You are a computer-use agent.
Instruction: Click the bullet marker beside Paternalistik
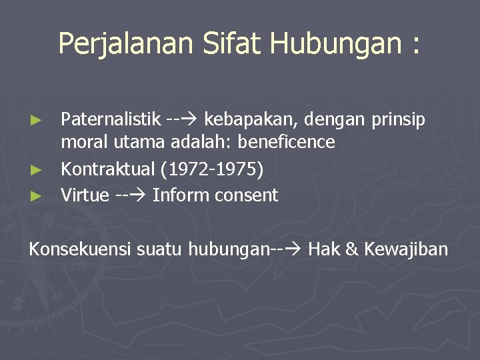(38, 120)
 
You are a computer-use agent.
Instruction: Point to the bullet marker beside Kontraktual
(38, 171)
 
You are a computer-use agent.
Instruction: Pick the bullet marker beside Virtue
(38, 196)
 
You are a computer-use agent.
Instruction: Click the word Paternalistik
(111, 119)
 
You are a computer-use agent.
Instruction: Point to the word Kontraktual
(108, 169)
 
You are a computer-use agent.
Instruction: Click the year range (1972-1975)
(212, 170)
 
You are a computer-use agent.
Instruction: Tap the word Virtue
(85, 195)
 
